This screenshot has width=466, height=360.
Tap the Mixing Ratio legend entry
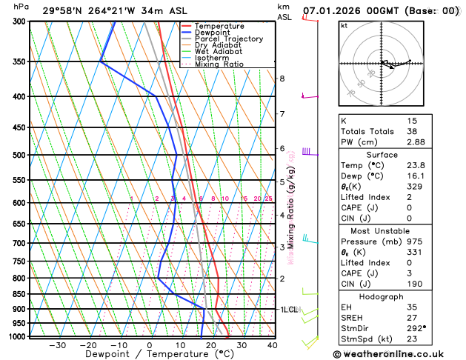[219, 64]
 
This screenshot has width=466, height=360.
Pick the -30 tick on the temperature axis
[56, 344]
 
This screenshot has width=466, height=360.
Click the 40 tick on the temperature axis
[272, 344]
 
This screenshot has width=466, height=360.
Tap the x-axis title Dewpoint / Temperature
[149, 355]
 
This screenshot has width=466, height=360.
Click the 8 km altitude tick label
[282, 79]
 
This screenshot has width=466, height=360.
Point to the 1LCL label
[288, 309]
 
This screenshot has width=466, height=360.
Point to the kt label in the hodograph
[344, 26]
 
